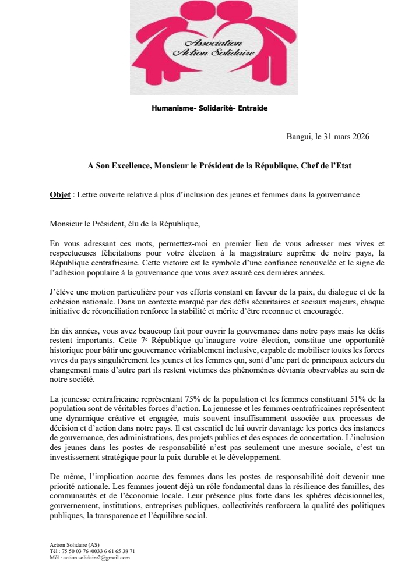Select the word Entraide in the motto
pyautogui.click(x=252, y=108)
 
